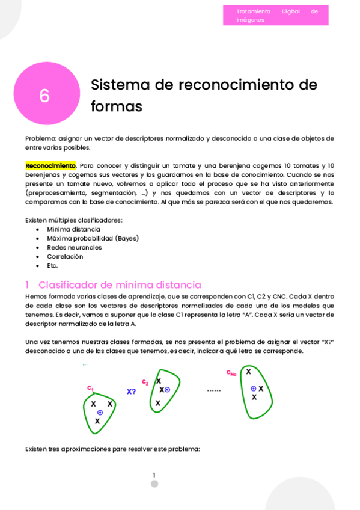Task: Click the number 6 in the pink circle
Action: point(44,96)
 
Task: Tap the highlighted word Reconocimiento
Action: point(50,165)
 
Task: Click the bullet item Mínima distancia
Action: point(73,229)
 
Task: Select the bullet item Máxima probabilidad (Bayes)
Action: point(93,238)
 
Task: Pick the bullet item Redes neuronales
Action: point(74,247)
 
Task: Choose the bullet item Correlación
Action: point(65,256)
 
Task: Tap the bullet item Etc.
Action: point(52,265)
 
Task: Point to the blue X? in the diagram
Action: point(131,392)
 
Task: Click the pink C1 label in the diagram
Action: point(90,388)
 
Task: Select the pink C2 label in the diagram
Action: point(145,382)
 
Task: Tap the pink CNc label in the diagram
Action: point(231,373)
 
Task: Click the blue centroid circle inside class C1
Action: point(100,413)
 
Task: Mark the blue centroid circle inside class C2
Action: point(167,390)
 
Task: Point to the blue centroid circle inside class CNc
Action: point(253,389)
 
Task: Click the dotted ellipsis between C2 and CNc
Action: point(214,390)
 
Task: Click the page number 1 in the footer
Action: point(154,475)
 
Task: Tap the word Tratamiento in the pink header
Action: point(253,11)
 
